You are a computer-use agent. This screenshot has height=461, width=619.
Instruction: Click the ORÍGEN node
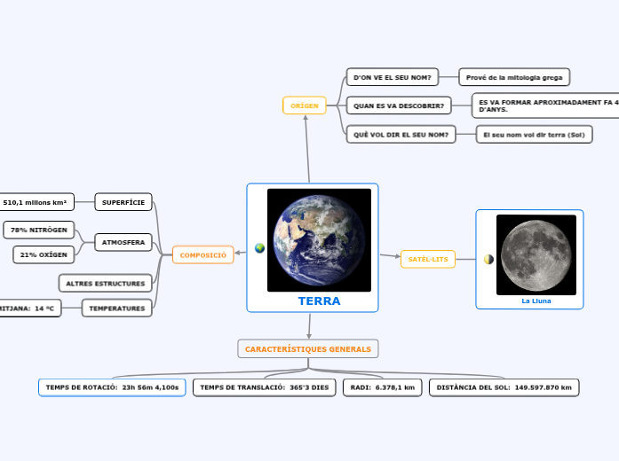305,105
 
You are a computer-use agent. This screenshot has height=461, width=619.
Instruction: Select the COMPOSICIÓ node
203,255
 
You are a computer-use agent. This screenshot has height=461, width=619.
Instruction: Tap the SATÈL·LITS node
428,259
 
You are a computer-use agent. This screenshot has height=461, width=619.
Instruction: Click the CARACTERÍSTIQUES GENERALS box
308,349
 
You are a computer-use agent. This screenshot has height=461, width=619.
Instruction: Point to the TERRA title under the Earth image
319,301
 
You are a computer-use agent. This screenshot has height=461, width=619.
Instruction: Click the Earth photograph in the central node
319,239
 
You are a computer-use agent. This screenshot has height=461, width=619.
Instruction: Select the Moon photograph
536,254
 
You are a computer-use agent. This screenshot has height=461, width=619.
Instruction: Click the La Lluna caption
536,301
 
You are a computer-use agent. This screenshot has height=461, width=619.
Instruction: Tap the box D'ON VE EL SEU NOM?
392,78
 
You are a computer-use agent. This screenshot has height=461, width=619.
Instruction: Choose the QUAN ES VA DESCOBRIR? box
399,106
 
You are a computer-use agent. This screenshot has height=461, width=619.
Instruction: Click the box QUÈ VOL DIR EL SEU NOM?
401,134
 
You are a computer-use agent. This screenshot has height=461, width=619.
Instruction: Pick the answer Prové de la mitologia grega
513,78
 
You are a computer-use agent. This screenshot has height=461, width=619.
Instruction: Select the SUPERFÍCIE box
123,202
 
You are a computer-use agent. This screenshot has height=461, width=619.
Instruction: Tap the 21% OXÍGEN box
44,255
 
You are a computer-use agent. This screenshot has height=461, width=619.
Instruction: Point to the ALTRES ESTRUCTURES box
106,283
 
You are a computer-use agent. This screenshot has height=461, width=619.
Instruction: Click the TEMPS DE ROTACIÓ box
112,387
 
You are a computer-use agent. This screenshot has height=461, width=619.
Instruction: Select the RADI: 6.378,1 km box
383,387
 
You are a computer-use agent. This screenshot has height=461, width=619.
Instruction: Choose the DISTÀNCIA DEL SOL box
504,387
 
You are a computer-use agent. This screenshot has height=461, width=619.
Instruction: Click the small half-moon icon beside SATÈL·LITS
488,259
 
